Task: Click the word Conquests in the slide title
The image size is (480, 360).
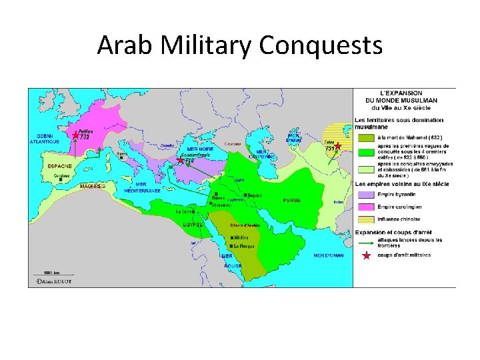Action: tap(321, 46)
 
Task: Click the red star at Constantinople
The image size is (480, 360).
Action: tap(180, 160)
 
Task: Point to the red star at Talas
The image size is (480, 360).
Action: tap(337, 145)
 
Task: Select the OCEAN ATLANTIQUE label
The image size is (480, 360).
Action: tap(45, 139)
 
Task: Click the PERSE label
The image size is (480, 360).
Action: tap(292, 200)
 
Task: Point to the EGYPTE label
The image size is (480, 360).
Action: tap(193, 225)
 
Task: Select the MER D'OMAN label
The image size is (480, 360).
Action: tap(328, 255)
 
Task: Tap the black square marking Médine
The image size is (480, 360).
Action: tap(231, 237)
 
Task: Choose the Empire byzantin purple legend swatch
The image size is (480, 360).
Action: tap(366, 195)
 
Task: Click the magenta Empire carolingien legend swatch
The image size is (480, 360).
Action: tap(366, 207)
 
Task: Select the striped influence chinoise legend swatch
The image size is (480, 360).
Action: tap(366, 219)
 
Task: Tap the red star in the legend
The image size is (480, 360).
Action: tap(366, 255)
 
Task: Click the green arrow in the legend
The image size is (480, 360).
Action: tap(366, 241)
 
